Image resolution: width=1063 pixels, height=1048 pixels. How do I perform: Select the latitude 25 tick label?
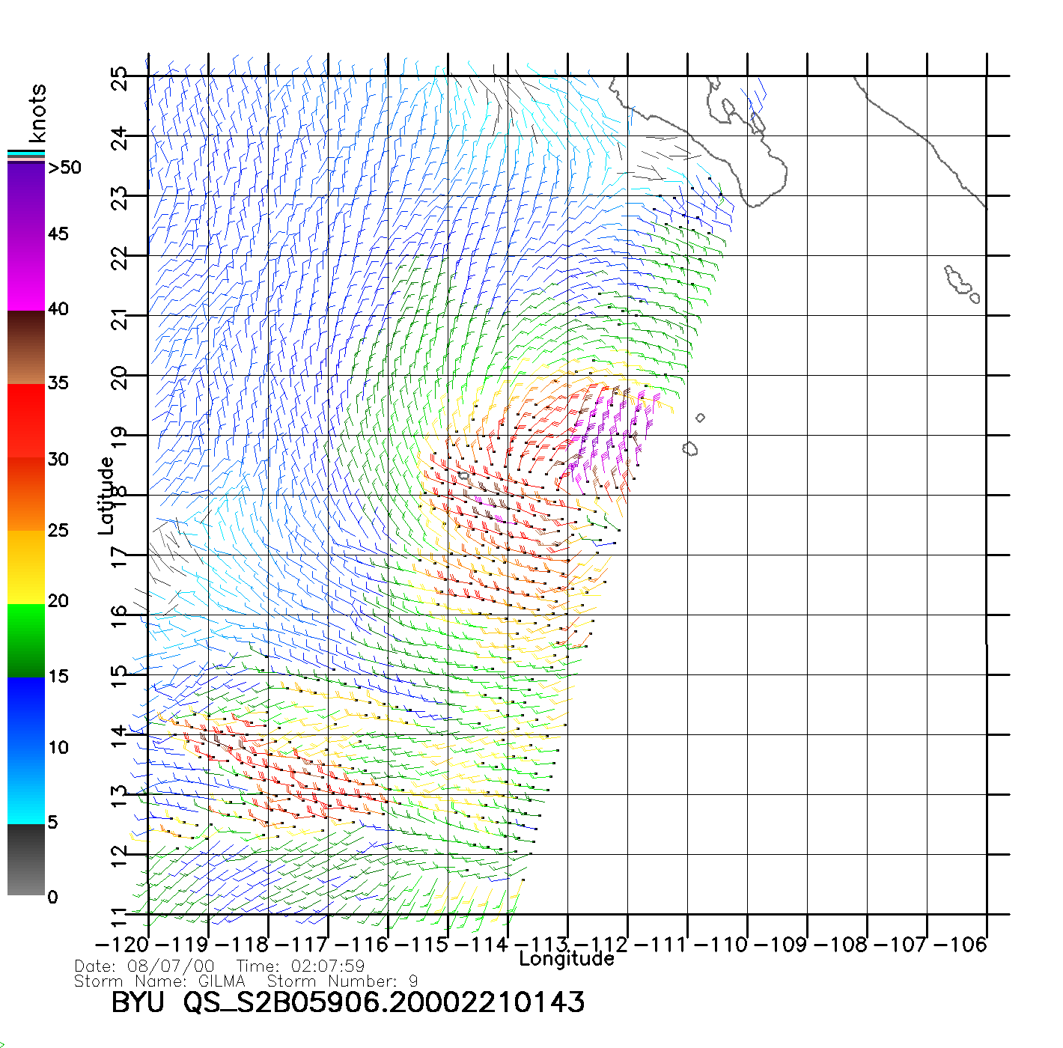coord(119,79)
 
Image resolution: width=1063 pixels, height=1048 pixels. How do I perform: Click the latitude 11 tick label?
coord(119,917)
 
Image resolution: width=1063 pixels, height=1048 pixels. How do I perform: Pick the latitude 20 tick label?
coord(119,378)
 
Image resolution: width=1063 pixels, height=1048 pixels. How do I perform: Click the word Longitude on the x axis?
coord(567,959)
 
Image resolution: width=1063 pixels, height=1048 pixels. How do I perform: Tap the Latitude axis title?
coord(106,496)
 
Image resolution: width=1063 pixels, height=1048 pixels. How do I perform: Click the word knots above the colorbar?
coord(37,113)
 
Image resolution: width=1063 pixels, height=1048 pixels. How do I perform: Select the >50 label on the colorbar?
coord(64,168)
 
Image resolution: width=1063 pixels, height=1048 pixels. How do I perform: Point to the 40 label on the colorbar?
coord(58,308)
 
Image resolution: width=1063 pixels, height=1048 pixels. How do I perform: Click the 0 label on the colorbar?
coord(52,897)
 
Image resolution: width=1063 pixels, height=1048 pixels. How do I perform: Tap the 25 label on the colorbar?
coord(58,530)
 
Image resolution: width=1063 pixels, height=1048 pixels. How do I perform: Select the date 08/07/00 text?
coord(171,966)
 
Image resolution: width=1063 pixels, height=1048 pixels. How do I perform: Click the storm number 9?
coord(413,981)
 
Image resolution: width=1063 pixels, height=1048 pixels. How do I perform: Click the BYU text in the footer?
coord(138,1002)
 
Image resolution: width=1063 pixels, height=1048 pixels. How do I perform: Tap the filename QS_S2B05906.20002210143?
coord(384,1002)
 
